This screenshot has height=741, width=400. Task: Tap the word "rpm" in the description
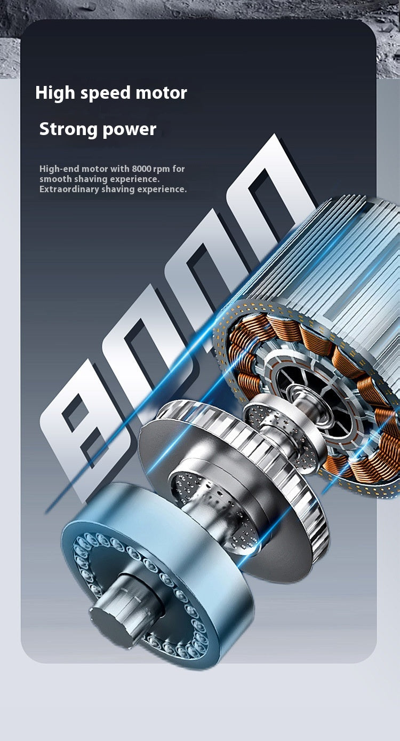(162, 170)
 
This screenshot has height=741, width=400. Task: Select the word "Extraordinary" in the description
(69, 190)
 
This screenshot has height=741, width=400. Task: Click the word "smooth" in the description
(55, 179)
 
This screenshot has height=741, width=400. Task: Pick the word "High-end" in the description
(60, 169)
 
